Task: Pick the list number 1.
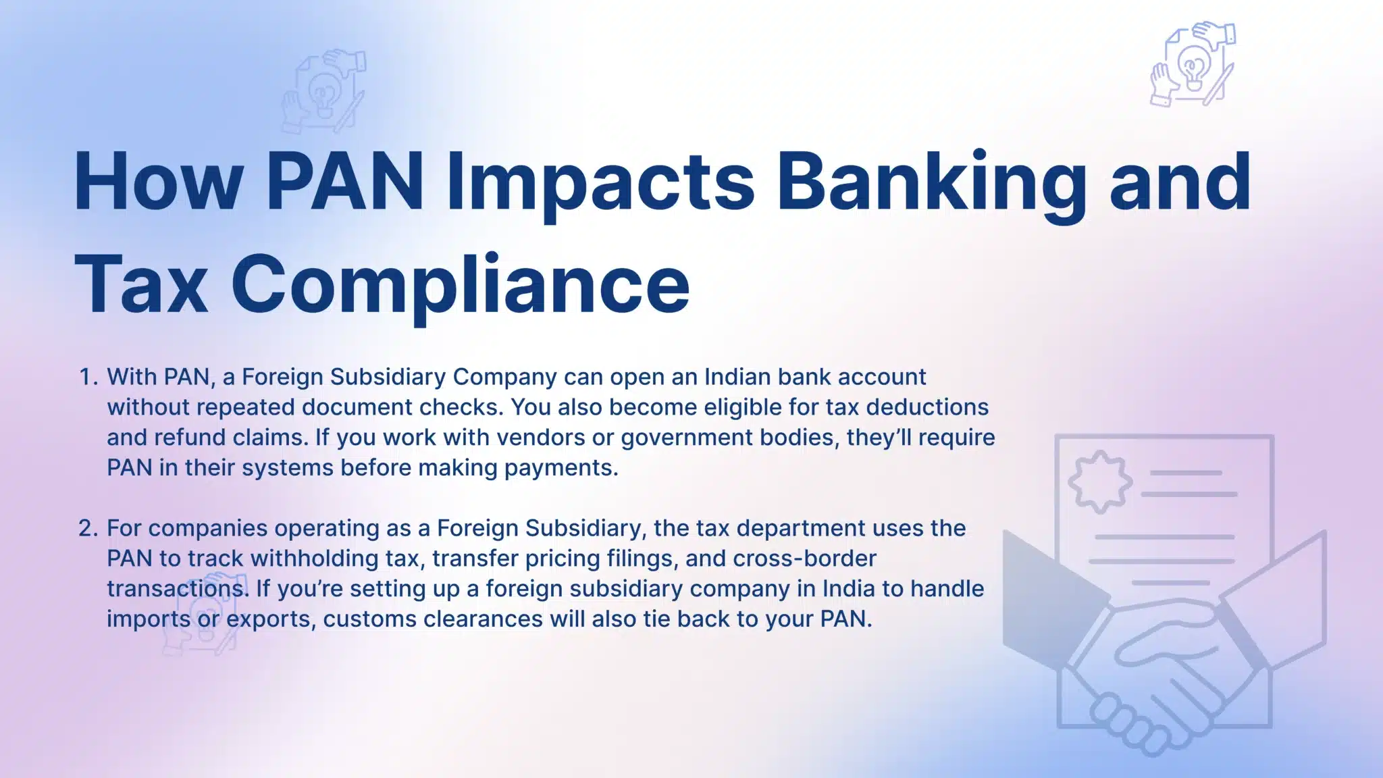pos(88,377)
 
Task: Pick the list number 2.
pos(88,528)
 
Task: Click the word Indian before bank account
pos(737,377)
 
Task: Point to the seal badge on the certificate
pos(1100,481)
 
